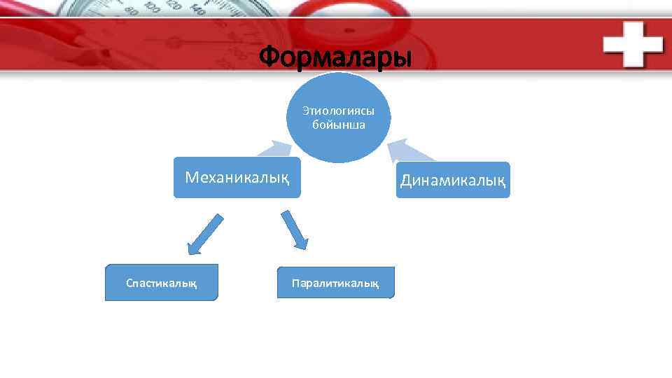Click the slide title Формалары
(x=335, y=57)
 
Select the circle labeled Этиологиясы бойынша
(x=337, y=118)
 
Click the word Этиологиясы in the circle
(x=338, y=111)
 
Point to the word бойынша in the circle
(x=338, y=125)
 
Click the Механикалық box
(x=237, y=178)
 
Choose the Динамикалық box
(x=453, y=181)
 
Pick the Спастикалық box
(x=161, y=283)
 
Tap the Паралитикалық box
(x=335, y=283)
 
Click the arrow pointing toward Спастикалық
(x=204, y=234)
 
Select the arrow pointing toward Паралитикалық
(x=294, y=229)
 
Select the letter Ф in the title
(x=270, y=57)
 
